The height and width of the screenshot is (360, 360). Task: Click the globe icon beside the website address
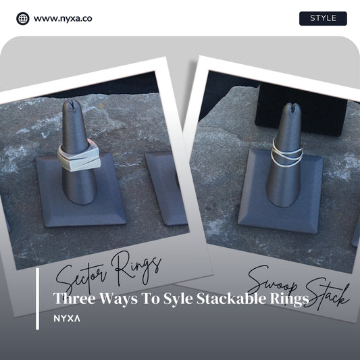point(23,18)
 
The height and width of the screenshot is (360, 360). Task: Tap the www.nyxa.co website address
point(63,18)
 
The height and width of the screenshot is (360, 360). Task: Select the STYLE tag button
point(323,18)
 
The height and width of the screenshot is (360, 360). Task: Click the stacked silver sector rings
point(79,155)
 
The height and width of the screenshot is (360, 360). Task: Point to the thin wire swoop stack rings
point(287,152)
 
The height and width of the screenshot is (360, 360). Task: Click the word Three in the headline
point(74,299)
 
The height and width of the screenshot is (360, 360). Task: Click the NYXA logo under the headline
point(67,318)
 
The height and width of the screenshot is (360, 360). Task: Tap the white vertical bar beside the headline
point(37,299)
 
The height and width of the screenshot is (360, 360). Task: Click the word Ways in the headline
point(118,299)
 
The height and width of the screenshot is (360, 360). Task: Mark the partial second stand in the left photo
point(165,188)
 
